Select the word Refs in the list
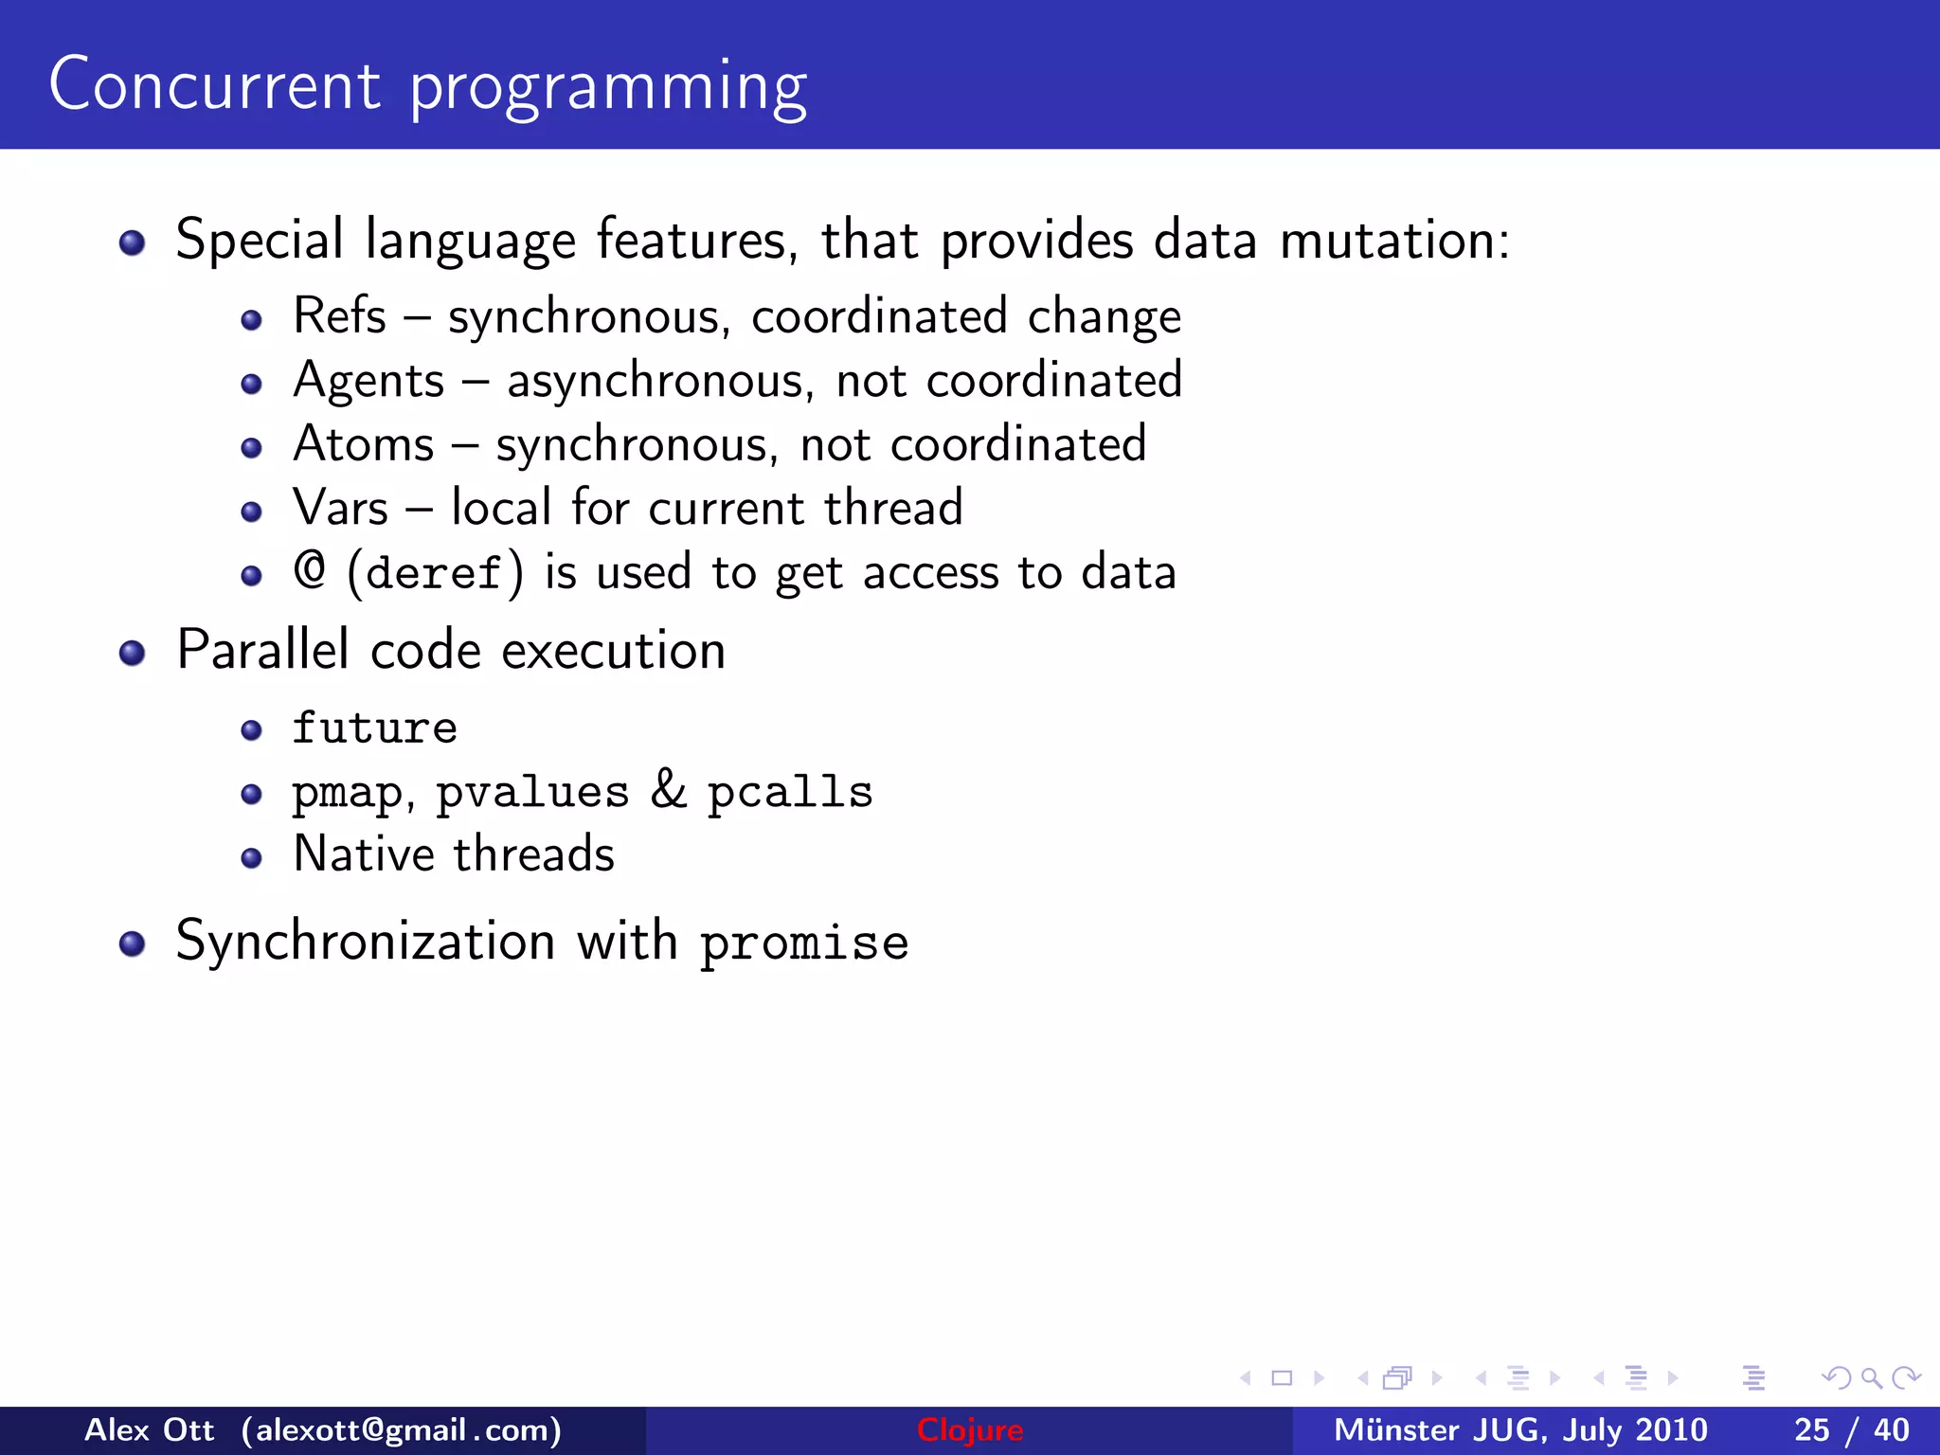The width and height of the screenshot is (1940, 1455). (339, 315)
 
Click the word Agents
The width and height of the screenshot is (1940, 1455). (368, 381)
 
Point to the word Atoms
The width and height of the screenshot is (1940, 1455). (363, 444)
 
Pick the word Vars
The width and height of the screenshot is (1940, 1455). (340, 508)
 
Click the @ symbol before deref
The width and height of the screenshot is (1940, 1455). (310, 570)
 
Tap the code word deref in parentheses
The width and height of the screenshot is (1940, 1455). (434, 573)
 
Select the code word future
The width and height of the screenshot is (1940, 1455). (374, 727)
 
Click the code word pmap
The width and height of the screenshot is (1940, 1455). (348, 794)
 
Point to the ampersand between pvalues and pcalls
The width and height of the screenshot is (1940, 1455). (668, 790)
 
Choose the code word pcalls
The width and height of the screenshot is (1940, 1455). (790, 792)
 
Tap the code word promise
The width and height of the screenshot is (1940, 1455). (804, 943)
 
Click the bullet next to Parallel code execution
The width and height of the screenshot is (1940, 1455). (132, 653)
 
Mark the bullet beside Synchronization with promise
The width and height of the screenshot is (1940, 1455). (132, 943)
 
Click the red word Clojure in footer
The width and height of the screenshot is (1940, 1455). (969, 1430)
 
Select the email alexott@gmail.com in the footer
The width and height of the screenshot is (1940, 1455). (402, 1430)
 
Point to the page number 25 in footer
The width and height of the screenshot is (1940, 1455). (1811, 1430)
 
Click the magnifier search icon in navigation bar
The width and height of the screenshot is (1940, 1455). (1871, 1378)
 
